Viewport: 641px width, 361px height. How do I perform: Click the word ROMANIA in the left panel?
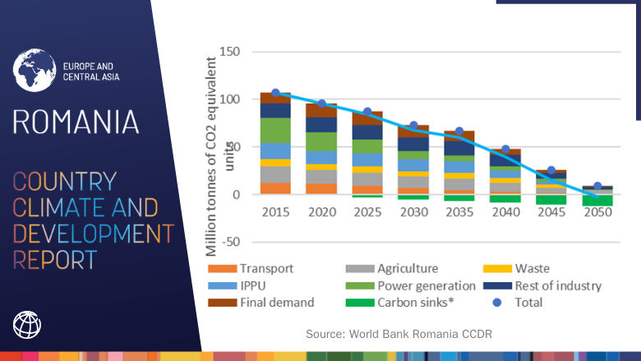(x=76, y=122)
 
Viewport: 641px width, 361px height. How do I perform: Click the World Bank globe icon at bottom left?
(x=27, y=324)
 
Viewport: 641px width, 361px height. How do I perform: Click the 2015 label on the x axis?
(x=275, y=211)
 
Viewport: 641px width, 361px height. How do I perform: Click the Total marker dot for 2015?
(x=276, y=94)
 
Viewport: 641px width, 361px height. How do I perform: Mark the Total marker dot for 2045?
(x=551, y=171)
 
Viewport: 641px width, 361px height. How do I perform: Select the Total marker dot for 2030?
(x=414, y=127)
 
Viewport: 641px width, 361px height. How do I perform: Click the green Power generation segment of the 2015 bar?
(x=275, y=130)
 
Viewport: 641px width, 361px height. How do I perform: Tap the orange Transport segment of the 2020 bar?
(x=321, y=188)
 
